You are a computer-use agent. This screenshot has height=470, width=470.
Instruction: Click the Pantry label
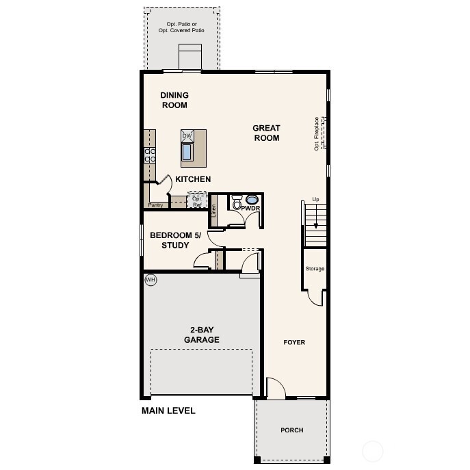pyautogui.click(x=156, y=205)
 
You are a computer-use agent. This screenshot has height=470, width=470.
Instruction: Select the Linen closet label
pyautogui.click(x=214, y=210)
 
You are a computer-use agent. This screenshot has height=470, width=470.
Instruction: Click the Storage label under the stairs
pyautogui.click(x=315, y=269)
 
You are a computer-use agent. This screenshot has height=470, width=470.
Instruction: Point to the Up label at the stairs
pyautogui.click(x=315, y=199)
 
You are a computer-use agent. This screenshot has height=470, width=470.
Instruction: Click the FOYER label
pyautogui.click(x=294, y=342)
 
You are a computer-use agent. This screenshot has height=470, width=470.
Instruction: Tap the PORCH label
pyautogui.click(x=291, y=430)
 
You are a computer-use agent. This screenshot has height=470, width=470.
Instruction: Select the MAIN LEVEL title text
pyautogui.click(x=168, y=411)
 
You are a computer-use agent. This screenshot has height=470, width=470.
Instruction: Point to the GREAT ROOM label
pyautogui.click(x=266, y=133)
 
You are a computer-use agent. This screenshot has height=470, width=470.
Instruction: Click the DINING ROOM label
pyautogui.click(x=174, y=100)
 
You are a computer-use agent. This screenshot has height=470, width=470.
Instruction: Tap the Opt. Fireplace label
pyautogui.click(x=317, y=133)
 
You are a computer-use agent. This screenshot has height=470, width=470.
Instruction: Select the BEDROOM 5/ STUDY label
pyautogui.click(x=174, y=240)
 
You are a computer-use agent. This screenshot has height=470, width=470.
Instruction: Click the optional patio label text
pyautogui.click(x=181, y=27)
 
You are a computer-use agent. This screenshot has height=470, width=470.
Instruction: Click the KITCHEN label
pyautogui.click(x=193, y=179)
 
